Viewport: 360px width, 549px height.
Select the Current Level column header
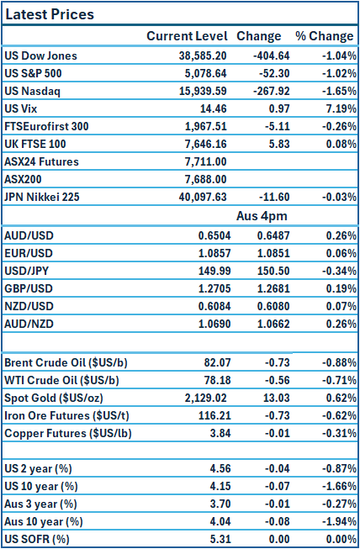coord(187,36)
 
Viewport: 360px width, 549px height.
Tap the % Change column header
coord(324,36)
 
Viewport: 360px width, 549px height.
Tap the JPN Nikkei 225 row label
coord(53,197)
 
